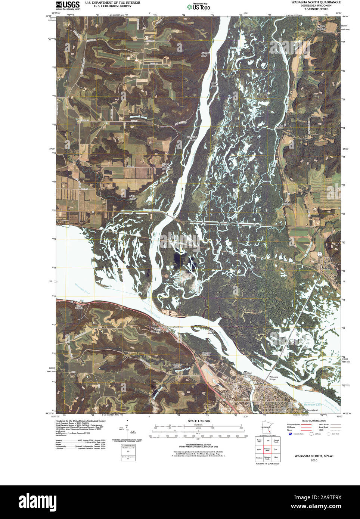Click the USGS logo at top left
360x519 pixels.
click(68, 5)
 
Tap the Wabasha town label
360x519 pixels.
click(259, 383)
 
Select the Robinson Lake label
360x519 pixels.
click(313, 404)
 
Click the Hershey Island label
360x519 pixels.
click(310, 410)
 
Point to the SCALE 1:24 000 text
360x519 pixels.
click(199, 421)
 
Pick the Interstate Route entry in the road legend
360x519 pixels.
click(294, 425)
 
